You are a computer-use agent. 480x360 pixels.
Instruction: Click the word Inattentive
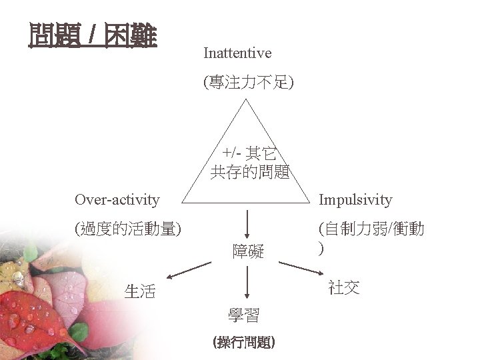[x=237, y=52]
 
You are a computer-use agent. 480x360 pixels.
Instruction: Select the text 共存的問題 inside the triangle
[x=249, y=173]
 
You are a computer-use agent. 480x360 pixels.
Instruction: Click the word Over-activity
[x=117, y=199]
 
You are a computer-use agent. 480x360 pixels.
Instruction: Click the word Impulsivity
[x=355, y=199]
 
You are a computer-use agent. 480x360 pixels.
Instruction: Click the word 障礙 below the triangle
[x=248, y=251]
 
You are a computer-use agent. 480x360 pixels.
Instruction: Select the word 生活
[x=140, y=291]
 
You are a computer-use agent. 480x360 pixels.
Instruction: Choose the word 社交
[x=344, y=287]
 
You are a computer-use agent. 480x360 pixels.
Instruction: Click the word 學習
[x=244, y=315]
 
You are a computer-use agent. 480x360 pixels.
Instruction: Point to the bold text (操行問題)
[x=244, y=342]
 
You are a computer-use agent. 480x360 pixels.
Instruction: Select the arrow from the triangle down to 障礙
[x=248, y=221]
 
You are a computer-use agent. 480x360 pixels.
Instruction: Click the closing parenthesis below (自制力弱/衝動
[x=322, y=247]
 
